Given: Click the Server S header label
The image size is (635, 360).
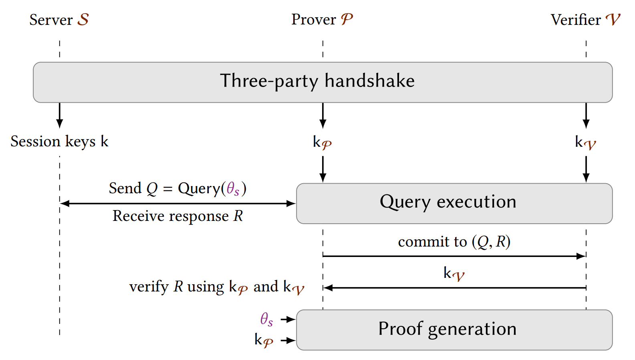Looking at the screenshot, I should [59, 20].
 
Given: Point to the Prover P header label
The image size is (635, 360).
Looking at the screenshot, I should [322, 19].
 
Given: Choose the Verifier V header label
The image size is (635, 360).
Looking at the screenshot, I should [585, 20].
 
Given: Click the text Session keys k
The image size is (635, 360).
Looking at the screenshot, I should [59, 142].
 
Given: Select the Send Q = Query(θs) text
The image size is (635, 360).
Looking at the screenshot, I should [177, 188].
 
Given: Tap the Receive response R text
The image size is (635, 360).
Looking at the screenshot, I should [177, 216].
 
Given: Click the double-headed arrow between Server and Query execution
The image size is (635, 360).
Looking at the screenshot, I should [177, 204].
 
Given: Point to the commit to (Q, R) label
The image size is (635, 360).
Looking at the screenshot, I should [454, 242].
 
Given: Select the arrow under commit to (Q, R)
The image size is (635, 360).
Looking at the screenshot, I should [454, 256].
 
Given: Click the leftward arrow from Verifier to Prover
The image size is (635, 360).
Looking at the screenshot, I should [454, 287].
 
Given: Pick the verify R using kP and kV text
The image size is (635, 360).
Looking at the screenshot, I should [216, 287].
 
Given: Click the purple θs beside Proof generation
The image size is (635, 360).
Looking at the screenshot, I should [266, 320].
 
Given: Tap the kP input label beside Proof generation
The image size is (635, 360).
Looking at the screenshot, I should [264, 340].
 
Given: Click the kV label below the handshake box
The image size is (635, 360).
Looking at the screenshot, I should [585, 142].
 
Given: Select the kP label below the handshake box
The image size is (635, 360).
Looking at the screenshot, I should [322, 142].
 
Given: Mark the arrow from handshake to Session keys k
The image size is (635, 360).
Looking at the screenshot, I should [60, 115].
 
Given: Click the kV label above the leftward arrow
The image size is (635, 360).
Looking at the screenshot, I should [454, 274].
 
